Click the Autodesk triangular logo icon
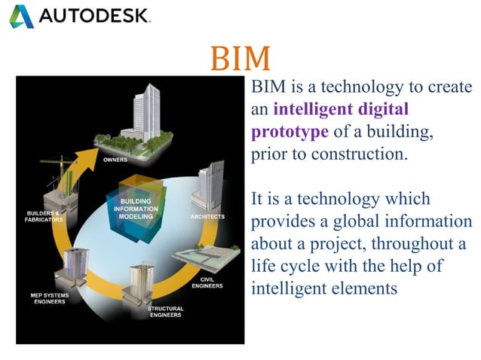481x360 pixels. [20, 15]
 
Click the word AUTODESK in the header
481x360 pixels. [93, 16]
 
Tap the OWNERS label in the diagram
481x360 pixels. [115, 160]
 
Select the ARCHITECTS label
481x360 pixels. [208, 217]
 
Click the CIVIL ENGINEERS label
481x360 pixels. [207, 282]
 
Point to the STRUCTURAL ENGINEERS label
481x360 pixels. [165, 313]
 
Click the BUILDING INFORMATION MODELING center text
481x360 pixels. [136, 208]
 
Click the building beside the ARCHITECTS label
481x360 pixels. [209, 186]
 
